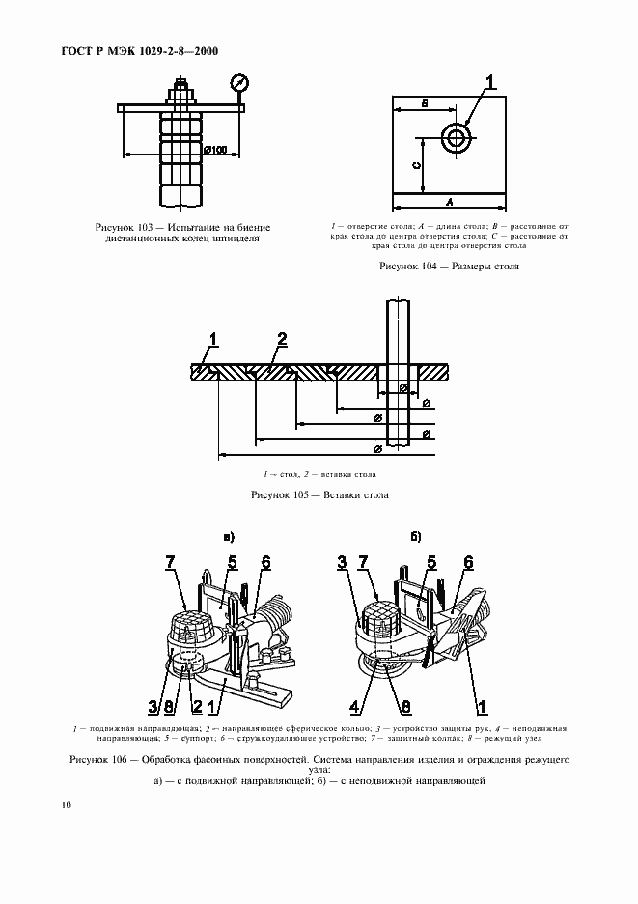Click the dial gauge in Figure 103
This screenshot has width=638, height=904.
pyautogui.click(x=237, y=84)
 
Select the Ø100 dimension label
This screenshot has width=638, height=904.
pyautogui.click(x=215, y=150)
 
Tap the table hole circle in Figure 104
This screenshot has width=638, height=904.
pyautogui.click(x=456, y=137)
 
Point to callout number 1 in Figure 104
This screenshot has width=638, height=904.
pyautogui.click(x=491, y=84)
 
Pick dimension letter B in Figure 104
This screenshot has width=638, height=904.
pyautogui.click(x=423, y=102)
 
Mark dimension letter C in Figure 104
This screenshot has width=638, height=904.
pyautogui.click(x=416, y=165)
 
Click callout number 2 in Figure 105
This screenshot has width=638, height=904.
pyautogui.click(x=282, y=339)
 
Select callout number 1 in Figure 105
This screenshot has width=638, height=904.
pyautogui.click(x=213, y=339)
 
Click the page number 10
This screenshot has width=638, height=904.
pyautogui.click(x=65, y=804)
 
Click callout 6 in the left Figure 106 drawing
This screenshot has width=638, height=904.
pyautogui.click(x=265, y=562)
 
